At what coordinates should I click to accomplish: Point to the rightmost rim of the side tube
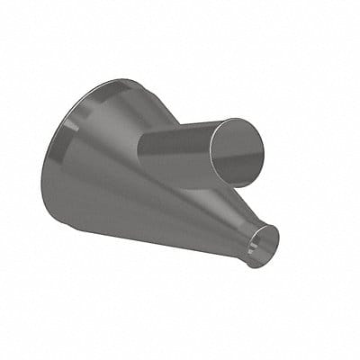click(265, 148)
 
